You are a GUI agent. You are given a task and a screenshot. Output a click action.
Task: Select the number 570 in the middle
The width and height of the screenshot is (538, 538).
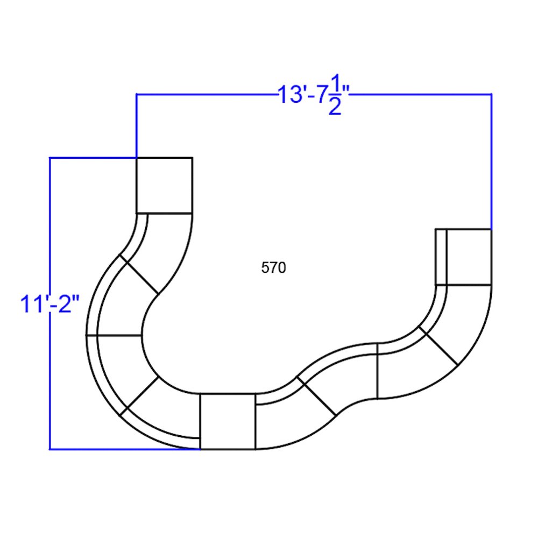tap(273, 268)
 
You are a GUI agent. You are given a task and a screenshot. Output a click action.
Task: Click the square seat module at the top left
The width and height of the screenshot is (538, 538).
tap(164, 185)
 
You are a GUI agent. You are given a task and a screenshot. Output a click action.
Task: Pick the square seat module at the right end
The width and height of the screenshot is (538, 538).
tap(469, 257)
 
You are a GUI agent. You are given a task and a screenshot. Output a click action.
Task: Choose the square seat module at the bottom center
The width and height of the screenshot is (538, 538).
tap(228, 421)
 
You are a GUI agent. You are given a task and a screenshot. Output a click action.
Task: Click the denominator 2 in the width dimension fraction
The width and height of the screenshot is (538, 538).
tap(335, 108)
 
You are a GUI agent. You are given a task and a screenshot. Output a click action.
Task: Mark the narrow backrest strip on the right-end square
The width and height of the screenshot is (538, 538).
tap(441, 257)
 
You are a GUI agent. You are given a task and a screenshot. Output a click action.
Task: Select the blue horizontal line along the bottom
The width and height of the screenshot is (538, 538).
tap(124, 449)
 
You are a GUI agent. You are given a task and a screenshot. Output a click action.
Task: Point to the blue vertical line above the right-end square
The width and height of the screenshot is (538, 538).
tap(491, 161)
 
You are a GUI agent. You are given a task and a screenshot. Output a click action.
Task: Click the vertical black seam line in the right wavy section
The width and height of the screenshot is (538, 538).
tap(378, 371)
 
